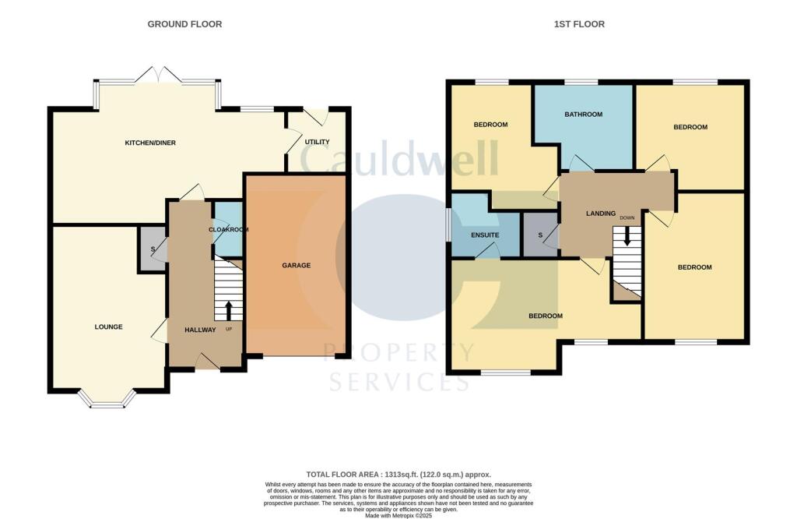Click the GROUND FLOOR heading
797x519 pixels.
pos(184,24)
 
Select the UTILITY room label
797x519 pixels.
pos(317,142)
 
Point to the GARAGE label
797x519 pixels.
pos(296,265)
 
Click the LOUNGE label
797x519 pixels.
pos(109,327)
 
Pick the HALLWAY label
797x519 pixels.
pos(200,330)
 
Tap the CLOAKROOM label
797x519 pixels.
pos(228,230)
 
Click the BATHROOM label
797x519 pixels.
pos(583,115)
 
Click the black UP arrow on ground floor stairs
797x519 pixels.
pos(228,310)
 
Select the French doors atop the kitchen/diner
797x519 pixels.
pos(156,76)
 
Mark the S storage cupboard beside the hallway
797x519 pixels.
pos(153,249)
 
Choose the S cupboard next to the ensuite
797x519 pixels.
pos(540,235)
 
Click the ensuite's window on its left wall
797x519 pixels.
pos(449,228)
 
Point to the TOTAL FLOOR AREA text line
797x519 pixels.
pos(398,474)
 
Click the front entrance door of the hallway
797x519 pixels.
pos(206,362)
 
